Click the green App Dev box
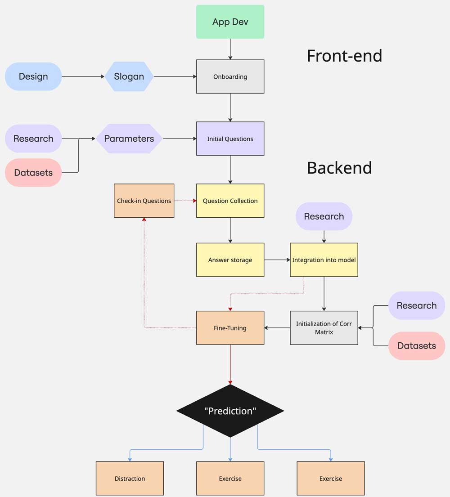230,22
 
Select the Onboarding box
230,76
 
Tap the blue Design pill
33,76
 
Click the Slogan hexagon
129,76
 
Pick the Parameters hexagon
129,139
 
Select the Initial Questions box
230,139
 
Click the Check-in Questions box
144,201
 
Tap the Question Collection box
230,201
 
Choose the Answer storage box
230,260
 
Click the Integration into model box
324,260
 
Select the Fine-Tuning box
230,328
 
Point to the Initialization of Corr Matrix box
324,328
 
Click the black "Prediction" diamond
230,411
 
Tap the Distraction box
130,479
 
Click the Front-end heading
344,56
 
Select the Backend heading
339,168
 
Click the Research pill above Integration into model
324,216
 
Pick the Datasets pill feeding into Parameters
33,173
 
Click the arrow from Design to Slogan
83,76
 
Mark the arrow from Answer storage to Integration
277,260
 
